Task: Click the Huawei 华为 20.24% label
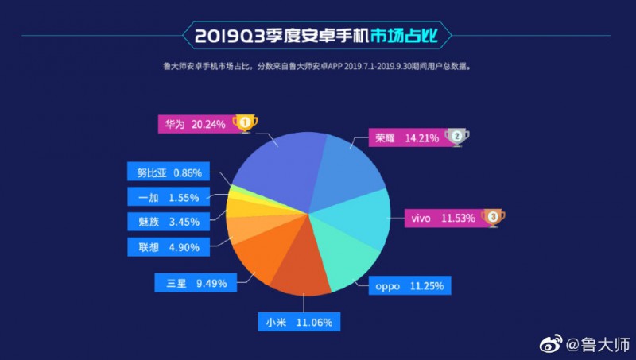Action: click(196, 124)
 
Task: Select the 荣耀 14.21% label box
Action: click(406, 137)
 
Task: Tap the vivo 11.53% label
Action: click(442, 216)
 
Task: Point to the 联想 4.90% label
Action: click(169, 246)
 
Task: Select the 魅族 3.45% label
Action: click(169, 221)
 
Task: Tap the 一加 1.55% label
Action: click(169, 195)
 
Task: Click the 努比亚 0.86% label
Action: click(169, 172)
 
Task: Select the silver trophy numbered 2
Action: click(457, 137)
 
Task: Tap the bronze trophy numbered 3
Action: click(493, 216)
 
